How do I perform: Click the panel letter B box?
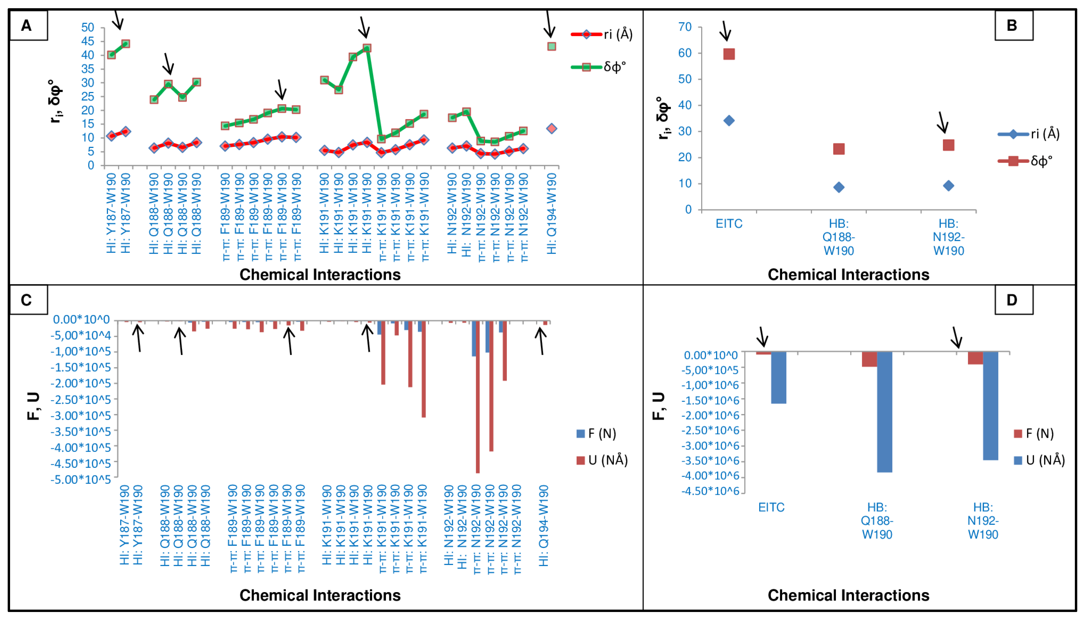click(1013, 25)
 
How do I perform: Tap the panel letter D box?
click(1013, 300)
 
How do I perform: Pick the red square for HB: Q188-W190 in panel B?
click(839, 149)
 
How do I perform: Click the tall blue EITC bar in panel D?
click(778, 377)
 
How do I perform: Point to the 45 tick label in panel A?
click(88, 41)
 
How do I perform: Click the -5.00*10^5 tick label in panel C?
click(81, 479)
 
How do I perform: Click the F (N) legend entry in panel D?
click(1034, 434)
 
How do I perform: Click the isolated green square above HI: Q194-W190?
click(551, 46)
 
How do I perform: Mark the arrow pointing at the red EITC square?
click(725, 31)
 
